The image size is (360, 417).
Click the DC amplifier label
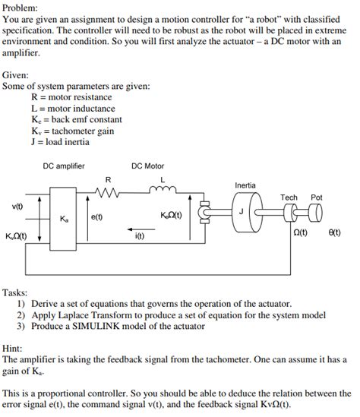(x=64, y=166)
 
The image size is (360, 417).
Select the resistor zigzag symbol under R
(x=108, y=191)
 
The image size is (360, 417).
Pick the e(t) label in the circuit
(x=97, y=218)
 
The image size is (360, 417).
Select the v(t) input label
(x=17, y=207)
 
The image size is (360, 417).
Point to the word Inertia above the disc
(x=245, y=185)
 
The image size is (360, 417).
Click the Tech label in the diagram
(x=289, y=197)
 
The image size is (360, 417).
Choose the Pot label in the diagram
(x=317, y=197)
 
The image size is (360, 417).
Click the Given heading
(x=15, y=76)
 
